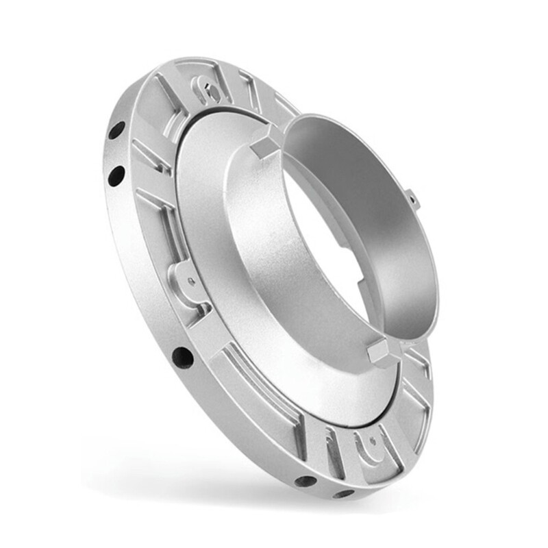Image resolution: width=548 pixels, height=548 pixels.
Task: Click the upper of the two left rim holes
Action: pyautogui.click(x=116, y=129)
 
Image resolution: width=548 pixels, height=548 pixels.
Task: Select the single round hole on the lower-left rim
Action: pyautogui.click(x=182, y=356)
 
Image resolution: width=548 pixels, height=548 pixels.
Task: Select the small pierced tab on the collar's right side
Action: pyautogui.click(x=412, y=199)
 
